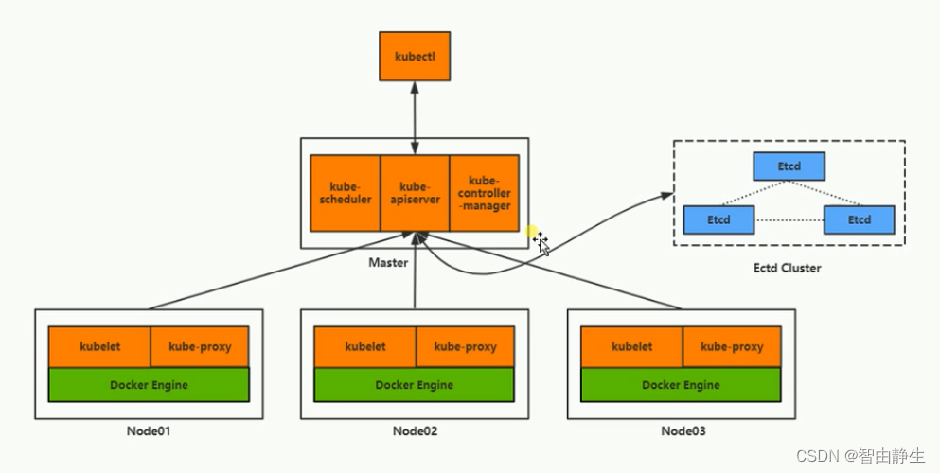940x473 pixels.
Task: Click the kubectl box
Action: (415, 56)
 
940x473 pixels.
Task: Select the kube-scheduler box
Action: (346, 193)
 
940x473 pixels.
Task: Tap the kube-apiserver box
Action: (415, 193)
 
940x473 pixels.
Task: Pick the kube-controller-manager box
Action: (485, 193)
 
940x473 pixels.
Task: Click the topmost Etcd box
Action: (789, 166)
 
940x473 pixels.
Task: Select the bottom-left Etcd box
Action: (718, 219)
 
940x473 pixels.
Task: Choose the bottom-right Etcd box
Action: (860, 219)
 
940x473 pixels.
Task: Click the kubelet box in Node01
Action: (99, 346)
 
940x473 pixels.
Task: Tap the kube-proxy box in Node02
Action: (465, 346)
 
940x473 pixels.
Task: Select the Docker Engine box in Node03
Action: (681, 384)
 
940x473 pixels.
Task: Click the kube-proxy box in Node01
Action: (200, 346)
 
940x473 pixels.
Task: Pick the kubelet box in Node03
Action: (631, 346)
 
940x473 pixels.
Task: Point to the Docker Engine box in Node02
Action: (415, 384)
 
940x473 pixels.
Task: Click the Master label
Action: (388, 262)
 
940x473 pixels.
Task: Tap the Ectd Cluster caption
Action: (788, 268)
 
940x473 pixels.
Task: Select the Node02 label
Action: (415, 431)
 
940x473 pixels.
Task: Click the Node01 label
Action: (149, 431)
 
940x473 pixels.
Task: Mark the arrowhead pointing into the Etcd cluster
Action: (667, 195)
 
